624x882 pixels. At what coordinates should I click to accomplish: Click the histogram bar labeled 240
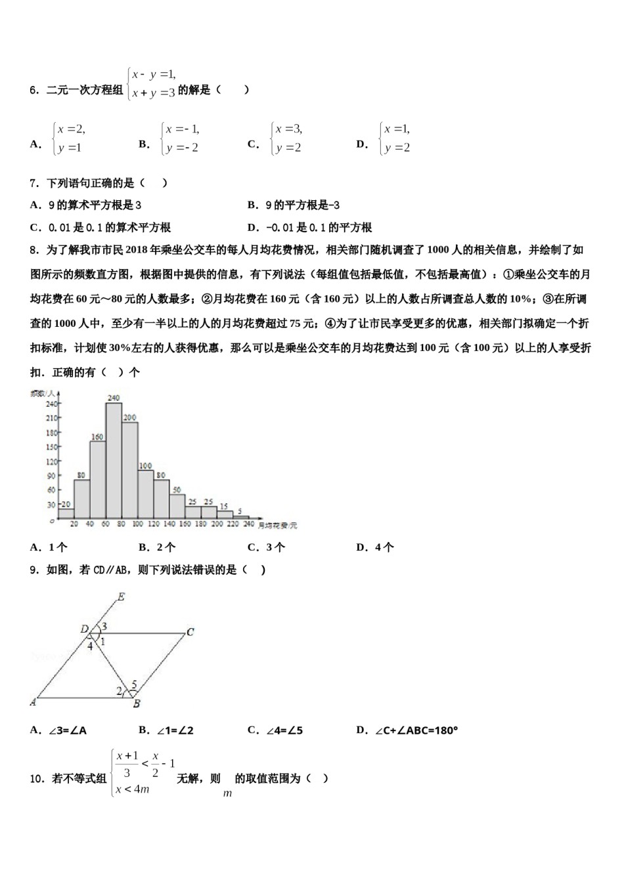pyautogui.click(x=114, y=459)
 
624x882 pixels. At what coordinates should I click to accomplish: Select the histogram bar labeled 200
pyautogui.click(x=129, y=469)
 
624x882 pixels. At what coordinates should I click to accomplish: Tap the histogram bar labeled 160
pyautogui.click(x=98, y=479)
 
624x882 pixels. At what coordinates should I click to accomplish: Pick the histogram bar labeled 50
pyautogui.click(x=177, y=506)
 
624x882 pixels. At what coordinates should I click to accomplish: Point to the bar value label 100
pyautogui.click(x=145, y=466)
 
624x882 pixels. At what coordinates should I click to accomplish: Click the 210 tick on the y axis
pyautogui.click(x=51, y=418)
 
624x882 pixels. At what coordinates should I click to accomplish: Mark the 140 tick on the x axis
pyautogui.click(x=169, y=524)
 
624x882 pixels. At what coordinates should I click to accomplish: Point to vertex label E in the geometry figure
pyautogui.click(x=121, y=597)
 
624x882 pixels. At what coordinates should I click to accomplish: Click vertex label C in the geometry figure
pyautogui.click(x=190, y=632)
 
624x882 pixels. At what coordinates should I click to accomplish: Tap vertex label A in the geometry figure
pyautogui.click(x=33, y=702)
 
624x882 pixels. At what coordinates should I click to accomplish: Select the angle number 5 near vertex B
pyautogui.click(x=134, y=684)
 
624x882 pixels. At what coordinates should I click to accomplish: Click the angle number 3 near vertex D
pyautogui.click(x=104, y=626)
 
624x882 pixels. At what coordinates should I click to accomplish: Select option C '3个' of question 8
pyautogui.click(x=266, y=547)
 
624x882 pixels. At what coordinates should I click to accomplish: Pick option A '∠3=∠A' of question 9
pyautogui.click(x=59, y=730)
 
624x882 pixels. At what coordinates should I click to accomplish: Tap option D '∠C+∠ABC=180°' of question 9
pyautogui.click(x=407, y=730)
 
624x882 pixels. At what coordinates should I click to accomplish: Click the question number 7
pyautogui.click(x=33, y=183)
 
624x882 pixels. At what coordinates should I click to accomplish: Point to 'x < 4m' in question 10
pyautogui.click(x=133, y=789)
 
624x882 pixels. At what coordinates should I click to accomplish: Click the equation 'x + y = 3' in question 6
pyautogui.click(x=153, y=93)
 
